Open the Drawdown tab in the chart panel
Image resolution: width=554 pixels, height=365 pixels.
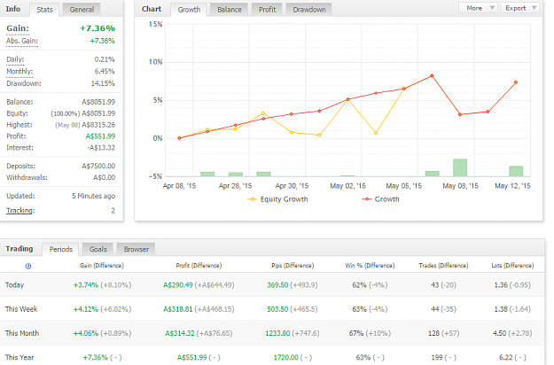click(309, 10)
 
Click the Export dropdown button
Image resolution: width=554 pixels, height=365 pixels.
click(519, 8)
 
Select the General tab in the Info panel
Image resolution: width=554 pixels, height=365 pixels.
click(82, 10)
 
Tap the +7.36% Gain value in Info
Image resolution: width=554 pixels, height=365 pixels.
click(98, 28)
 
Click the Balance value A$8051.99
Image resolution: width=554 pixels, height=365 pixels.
click(98, 102)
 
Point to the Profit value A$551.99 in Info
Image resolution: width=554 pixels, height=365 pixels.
click(100, 136)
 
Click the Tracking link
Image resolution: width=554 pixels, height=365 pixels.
click(20, 211)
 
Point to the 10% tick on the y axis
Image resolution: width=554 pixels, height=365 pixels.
click(155, 62)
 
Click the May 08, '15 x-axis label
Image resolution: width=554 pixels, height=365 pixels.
click(460, 186)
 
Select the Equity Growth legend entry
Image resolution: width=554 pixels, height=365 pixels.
click(277, 199)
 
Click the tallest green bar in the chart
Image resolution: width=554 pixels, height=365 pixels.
click(460, 167)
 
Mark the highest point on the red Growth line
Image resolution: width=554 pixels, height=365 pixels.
click(432, 76)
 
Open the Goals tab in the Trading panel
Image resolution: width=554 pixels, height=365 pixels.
click(98, 249)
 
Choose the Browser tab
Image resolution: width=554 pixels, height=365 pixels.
click(136, 249)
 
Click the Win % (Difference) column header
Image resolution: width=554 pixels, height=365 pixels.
click(370, 266)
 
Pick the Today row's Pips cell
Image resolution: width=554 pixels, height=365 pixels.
click(293, 285)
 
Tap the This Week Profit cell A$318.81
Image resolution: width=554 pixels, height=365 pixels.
click(177, 309)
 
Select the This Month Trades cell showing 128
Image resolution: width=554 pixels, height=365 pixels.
click(433, 333)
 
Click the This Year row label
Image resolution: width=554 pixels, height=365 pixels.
click(20, 357)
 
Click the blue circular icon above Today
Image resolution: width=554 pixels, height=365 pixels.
click(28, 266)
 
